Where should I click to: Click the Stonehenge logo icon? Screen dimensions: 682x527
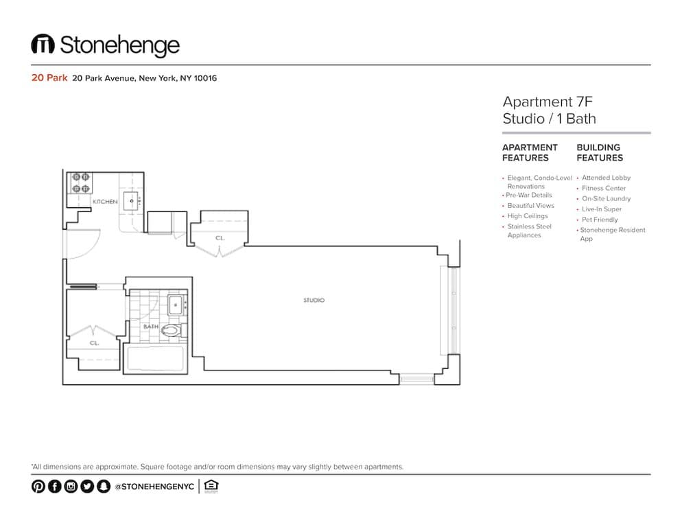tap(43, 43)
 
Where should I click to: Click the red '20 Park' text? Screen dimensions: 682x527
tap(49, 78)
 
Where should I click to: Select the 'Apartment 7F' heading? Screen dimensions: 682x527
tap(548, 102)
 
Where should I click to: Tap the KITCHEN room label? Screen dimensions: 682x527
tap(105, 202)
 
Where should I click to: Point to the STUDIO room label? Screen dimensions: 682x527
tap(314, 300)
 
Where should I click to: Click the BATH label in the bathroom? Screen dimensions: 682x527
tap(151, 327)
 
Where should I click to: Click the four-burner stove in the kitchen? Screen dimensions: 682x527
tap(80, 183)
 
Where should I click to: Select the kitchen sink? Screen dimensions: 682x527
tap(131, 201)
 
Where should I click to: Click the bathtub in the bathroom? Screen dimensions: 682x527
tap(155, 358)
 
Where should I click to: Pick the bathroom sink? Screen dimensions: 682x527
tap(176, 305)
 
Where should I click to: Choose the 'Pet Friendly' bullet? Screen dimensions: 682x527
tap(600, 220)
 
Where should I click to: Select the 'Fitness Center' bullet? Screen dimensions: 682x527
tap(604, 189)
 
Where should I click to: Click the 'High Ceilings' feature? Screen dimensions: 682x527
tap(528, 216)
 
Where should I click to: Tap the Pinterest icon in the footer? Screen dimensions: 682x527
tap(38, 486)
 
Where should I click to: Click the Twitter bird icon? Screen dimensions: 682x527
tap(87, 486)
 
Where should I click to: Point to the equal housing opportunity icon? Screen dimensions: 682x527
tap(211, 486)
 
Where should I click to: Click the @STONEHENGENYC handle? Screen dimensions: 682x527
tap(154, 487)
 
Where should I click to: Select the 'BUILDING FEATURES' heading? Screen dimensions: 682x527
tap(600, 153)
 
